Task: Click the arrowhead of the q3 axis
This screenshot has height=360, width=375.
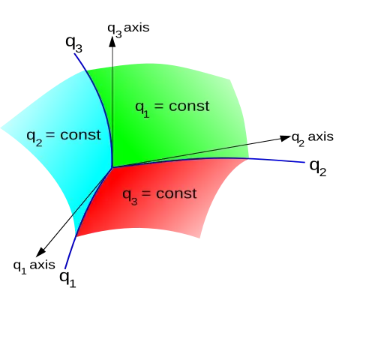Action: click(x=112, y=41)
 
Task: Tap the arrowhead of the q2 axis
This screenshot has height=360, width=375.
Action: click(x=284, y=138)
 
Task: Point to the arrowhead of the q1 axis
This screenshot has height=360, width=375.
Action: click(x=41, y=251)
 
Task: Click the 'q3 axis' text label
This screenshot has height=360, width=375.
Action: click(x=128, y=29)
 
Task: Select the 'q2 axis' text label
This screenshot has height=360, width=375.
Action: click(x=313, y=139)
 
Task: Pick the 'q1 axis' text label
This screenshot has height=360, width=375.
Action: click(x=34, y=266)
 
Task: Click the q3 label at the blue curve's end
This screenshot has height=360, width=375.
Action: click(x=73, y=43)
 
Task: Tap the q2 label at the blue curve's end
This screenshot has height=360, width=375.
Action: click(x=318, y=167)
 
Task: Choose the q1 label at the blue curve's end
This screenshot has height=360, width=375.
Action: click(x=67, y=278)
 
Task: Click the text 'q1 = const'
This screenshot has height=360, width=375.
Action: click(x=172, y=108)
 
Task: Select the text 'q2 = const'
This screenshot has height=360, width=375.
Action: click(x=64, y=136)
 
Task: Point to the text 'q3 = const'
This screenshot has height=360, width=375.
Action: click(x=160, y=196)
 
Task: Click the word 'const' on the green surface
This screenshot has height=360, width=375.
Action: click(x=189, y=106)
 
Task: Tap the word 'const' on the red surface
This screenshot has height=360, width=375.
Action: click(x=177, y=193)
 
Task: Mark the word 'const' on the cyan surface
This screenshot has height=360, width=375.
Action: click(x=80, y=135)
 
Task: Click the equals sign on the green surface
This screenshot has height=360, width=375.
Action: click(x=159, y=106)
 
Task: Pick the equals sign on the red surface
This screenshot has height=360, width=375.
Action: click(x=146, y=193)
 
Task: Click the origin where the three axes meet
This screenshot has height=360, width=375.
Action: click(x=112, y=167)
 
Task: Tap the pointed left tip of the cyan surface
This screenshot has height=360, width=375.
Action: click(x=1, y=128)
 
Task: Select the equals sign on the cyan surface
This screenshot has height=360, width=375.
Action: click(x=50, y=135)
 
